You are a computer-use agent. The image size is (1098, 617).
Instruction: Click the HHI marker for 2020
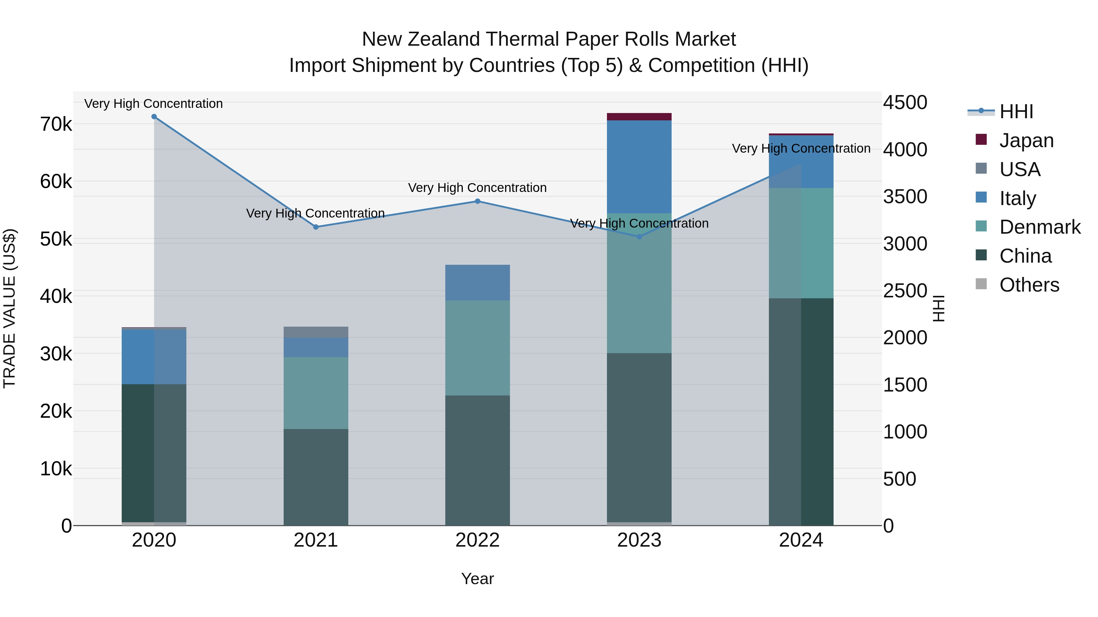tap(154, 117)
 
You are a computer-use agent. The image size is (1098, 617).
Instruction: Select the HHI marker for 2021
tap(316, 227)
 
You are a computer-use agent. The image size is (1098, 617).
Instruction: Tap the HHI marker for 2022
tap(477, 201)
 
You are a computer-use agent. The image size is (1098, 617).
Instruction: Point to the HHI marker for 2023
tap(639, 237)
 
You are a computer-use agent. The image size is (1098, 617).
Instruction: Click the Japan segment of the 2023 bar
tap(639, 117)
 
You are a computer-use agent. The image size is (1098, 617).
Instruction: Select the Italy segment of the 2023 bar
tap(639, 166)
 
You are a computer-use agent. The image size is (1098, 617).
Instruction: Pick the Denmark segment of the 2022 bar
tap(477, 348)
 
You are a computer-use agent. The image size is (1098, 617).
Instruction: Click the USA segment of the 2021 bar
tap(316, 332)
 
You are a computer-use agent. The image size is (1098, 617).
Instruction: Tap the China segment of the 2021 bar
tap(316, 477)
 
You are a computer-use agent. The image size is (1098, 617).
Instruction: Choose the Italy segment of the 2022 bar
tap(477, 283)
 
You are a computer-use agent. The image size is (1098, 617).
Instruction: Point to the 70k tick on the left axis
tap(56, 124)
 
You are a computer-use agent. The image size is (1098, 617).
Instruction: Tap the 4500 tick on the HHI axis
tap(905, 103)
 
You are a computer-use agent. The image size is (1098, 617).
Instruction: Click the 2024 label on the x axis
tap(801, 540)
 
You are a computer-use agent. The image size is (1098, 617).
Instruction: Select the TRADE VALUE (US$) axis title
tap(9, 308)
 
